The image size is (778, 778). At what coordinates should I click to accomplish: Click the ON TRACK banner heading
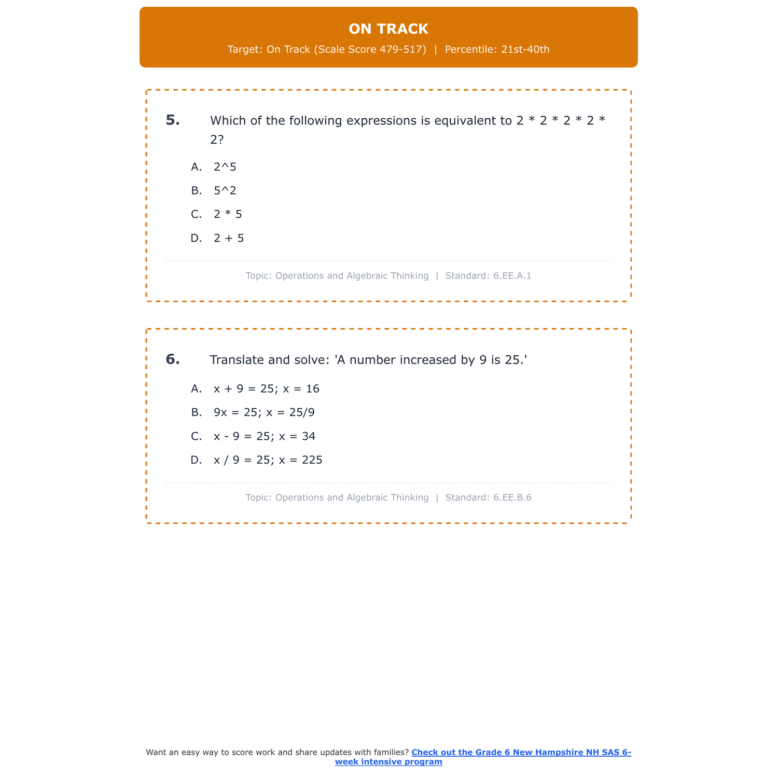coord(388,29)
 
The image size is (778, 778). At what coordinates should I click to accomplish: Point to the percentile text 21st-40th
coord(525,50)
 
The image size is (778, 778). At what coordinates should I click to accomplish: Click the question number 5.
coord(173,120)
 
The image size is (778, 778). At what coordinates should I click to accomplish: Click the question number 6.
coord(173,359)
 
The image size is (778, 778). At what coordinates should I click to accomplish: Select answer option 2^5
coord(225,167)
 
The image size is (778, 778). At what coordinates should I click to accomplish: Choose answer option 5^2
coord(225,191)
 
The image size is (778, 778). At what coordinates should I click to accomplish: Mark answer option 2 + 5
coord(229,239)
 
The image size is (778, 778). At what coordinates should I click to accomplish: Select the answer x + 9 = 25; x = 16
coord(267,389)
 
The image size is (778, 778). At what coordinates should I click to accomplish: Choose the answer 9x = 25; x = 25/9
coord(264,413)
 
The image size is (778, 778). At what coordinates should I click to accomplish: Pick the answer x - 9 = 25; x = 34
coord(265,437)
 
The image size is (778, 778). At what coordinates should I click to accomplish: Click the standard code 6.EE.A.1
coord(512,276)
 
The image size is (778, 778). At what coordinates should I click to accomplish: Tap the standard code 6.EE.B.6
coord(512,498)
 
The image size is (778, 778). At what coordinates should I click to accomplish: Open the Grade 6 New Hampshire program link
coord(521,753)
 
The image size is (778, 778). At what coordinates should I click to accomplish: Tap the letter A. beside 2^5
coord(196,167)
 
